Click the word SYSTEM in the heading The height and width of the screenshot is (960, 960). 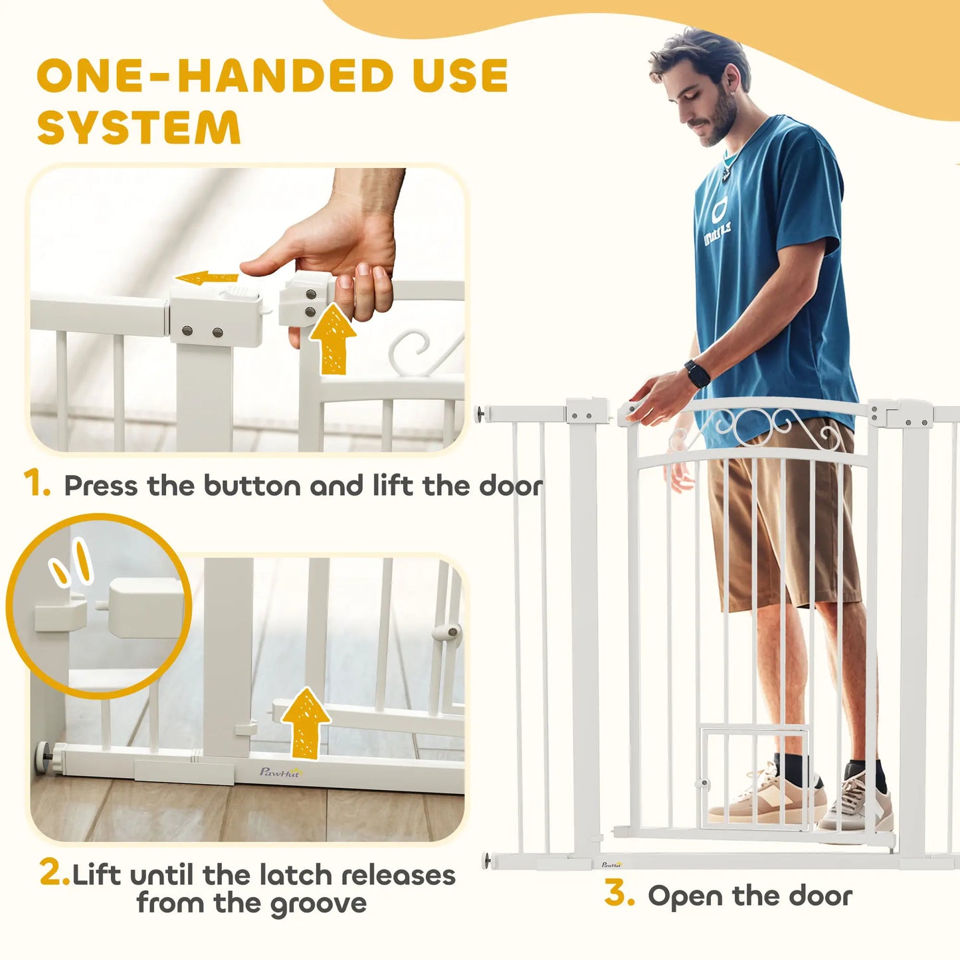point(139,128)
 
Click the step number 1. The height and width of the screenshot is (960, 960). point(37,484)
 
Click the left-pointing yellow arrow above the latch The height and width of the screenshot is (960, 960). point(206,278)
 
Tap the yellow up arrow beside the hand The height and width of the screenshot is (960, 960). point(332,339)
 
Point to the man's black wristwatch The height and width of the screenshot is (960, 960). point(697,373)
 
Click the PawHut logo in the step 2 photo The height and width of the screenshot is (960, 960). point(280,772)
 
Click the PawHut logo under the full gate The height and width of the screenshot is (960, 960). point(612,864)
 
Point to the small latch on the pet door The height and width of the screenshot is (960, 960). point(703,783)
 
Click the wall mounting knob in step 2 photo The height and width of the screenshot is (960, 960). point(41,758)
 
